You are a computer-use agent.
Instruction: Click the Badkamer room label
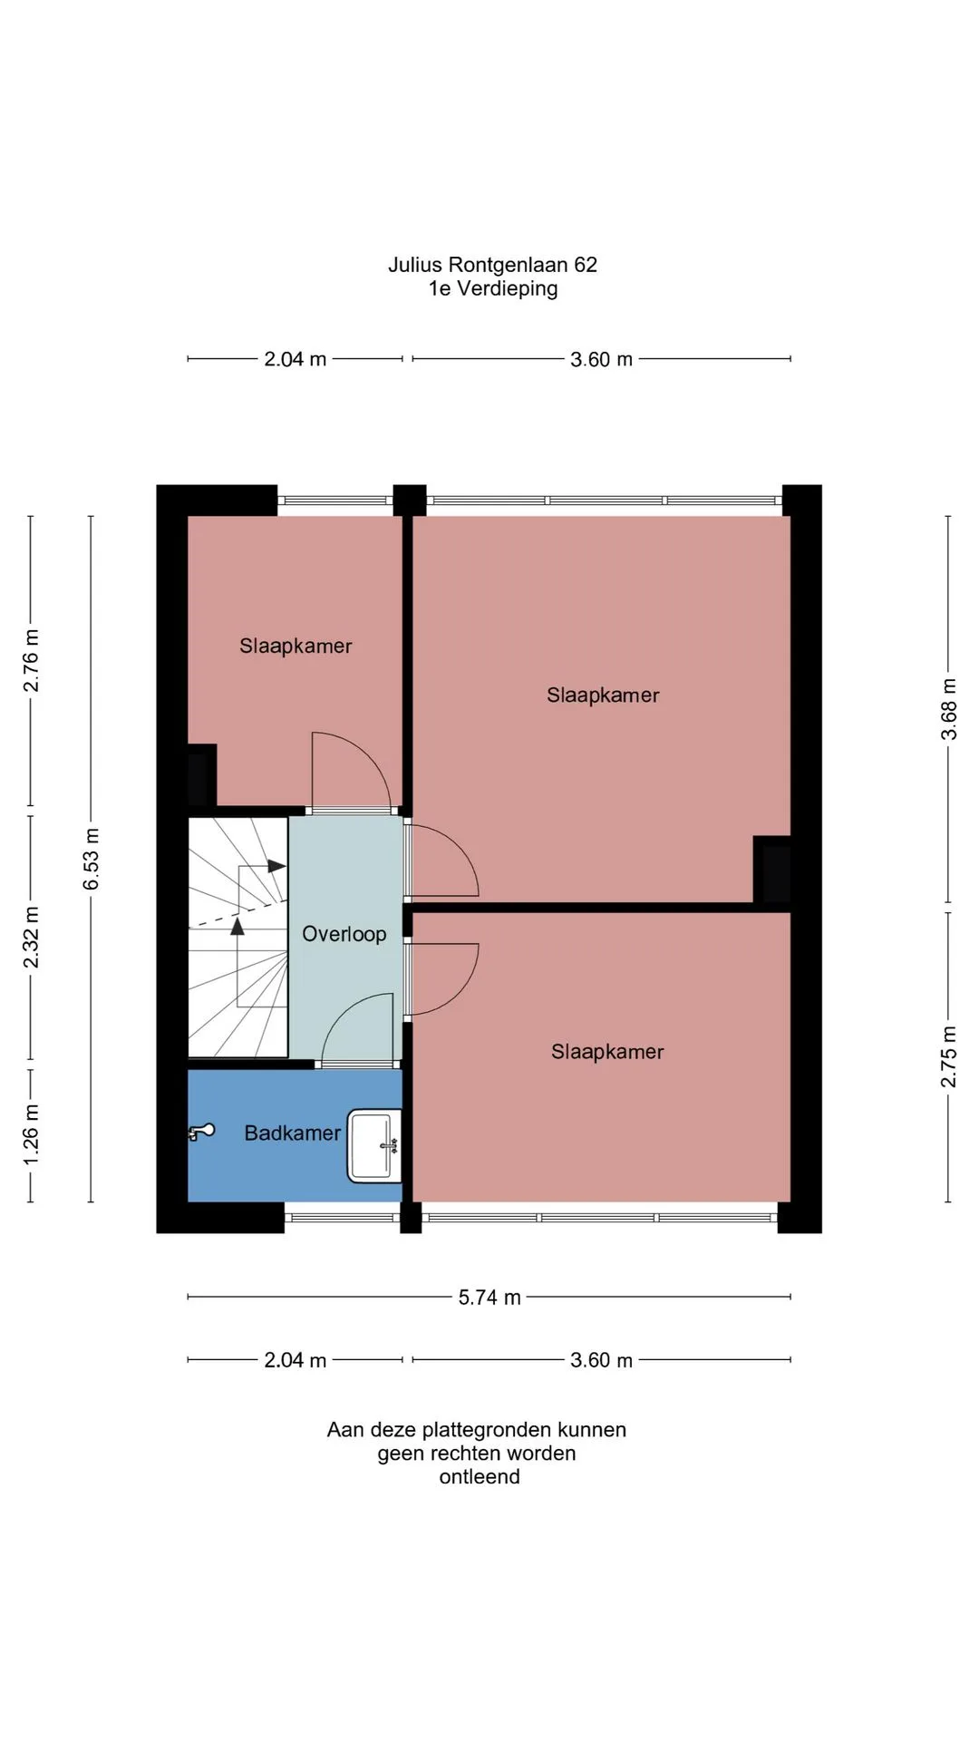coord(292,1133)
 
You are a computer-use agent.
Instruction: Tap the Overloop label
coord(344,934)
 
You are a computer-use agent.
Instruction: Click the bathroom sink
coord(374,1146)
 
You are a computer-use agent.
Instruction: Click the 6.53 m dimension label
coord(92,859)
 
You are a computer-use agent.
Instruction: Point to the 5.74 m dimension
coord(489,1298)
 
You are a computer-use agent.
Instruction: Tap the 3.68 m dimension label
coord(948,709)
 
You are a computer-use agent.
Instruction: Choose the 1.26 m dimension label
coord(31,1135)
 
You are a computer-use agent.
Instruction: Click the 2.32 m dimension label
coord(31,937)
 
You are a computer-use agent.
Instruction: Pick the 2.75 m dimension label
coord(948,1056)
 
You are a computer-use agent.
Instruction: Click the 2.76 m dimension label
coord(31,660)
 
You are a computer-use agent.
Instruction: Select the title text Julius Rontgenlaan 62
coord(492,265)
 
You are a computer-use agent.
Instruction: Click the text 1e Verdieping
coord(493,288)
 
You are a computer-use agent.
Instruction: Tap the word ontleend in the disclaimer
coord(480,1477)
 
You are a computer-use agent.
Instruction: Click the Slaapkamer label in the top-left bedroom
coord(296,646)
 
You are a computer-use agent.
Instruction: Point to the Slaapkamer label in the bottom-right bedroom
coord(607,1052)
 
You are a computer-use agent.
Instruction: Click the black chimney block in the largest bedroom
coord(772,870)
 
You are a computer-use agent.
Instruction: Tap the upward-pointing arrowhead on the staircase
coord(237,926)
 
